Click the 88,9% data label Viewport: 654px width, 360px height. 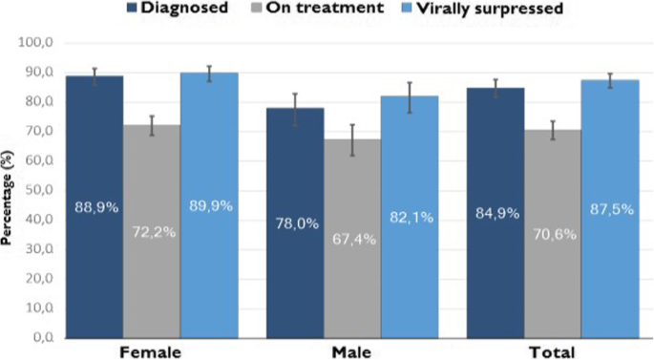click(94, 205)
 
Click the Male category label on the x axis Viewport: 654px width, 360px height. click(351, 352)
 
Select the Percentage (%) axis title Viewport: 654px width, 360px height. click(8, 191)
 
